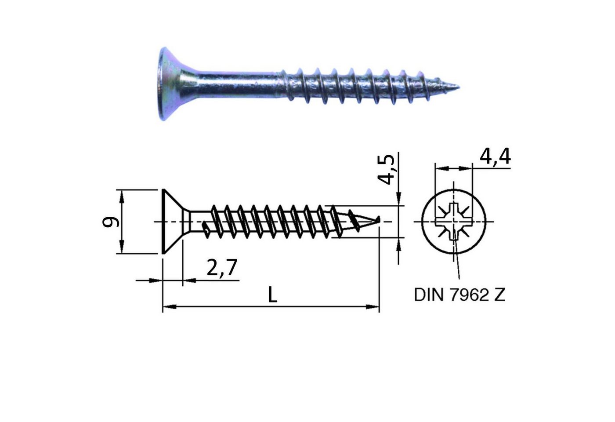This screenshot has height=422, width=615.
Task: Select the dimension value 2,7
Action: (x=222, y=268)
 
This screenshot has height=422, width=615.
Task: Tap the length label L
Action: (x=273, y=295)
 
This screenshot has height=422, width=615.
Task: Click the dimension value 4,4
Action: (x=495, y=157)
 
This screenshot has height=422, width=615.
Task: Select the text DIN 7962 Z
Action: (x=459, y=295)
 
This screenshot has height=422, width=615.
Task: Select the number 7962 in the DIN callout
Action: (x=469, y=295)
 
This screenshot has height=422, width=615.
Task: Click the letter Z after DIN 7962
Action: (x=499, y=295)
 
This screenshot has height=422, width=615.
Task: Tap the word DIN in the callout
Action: (x=429, y=295)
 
